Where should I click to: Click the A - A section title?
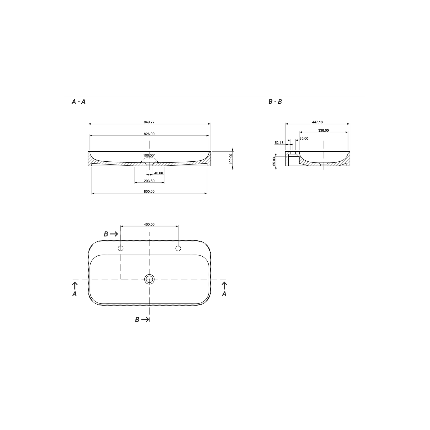coord(79,102)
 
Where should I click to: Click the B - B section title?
coord(275,102)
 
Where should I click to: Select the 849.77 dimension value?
coord(149,122)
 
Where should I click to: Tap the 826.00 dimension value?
coord(149,134)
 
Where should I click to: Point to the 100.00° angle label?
coord(149,155)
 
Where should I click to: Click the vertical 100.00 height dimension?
coord(231,159)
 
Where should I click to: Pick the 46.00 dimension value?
coord(159,173)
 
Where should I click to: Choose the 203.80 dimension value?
coord(149,181)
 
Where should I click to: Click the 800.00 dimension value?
coord(149,191)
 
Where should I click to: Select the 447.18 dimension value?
coord(317,122)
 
